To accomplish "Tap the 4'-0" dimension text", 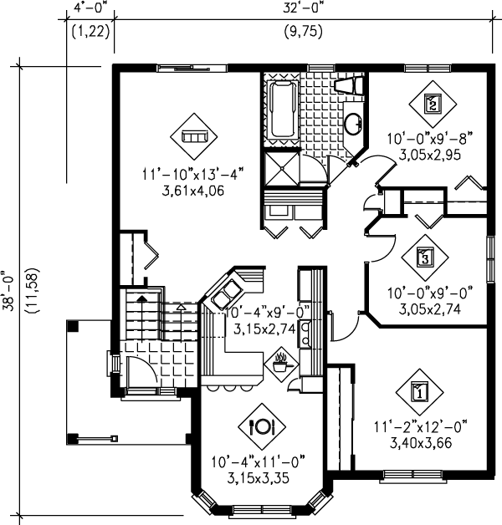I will [90, 11].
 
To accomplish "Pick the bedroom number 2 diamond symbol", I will [432, 104].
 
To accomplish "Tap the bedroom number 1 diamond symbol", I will [419, 390].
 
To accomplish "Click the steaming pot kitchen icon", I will [280, 363].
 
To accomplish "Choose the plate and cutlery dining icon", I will [262, 426].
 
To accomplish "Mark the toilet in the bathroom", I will [347, 85].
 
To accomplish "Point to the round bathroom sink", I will [353, 124].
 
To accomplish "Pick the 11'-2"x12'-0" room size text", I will [419, 428].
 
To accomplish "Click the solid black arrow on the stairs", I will [141, 297].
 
